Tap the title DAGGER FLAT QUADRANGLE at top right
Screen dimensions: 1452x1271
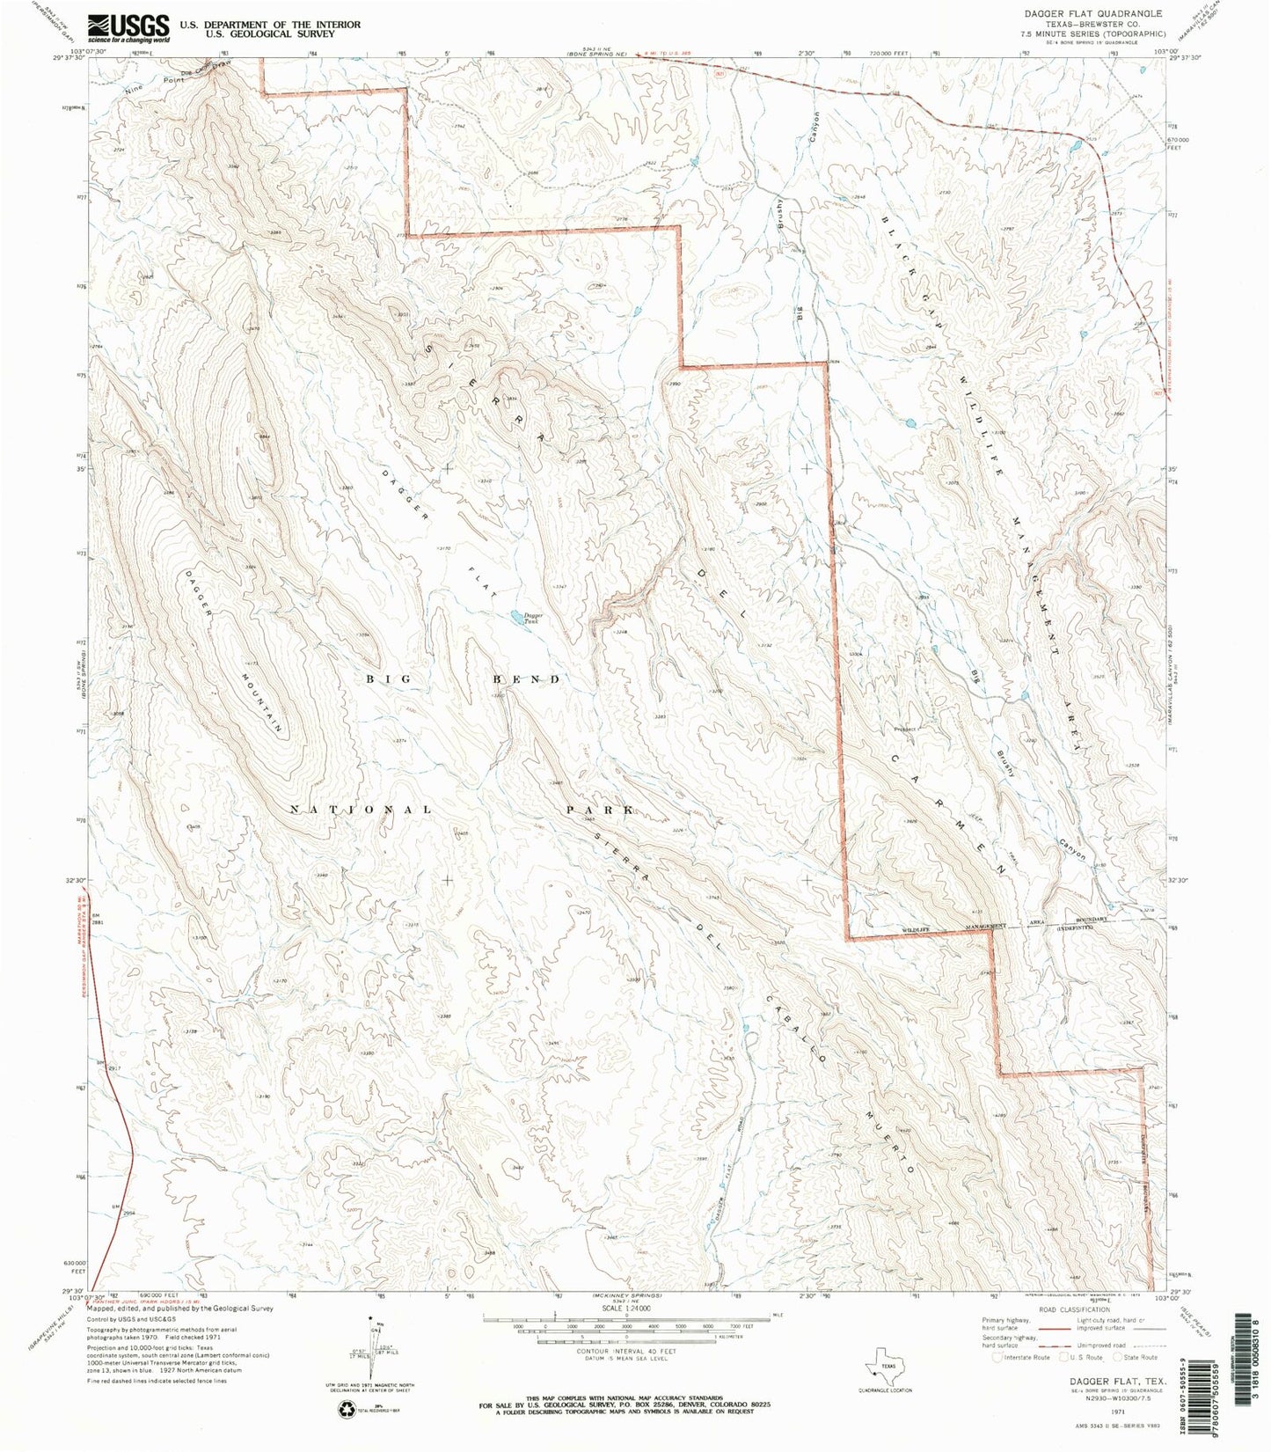[x=1105, y=14]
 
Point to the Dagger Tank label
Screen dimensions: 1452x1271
[x=534, y=619]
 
